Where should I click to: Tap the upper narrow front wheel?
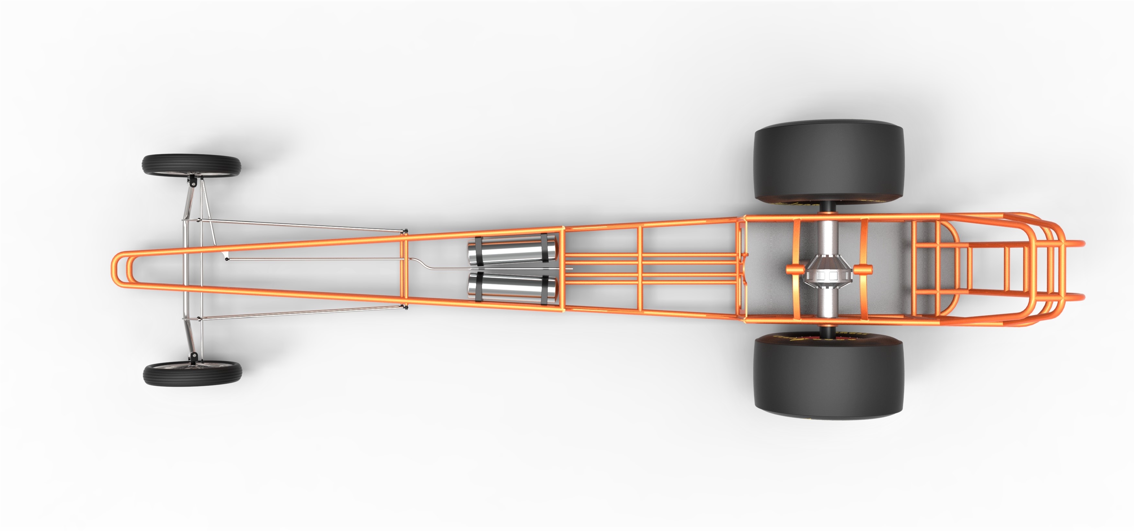point(191,165)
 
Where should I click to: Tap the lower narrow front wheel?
point(192,374)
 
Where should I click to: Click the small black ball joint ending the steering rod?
point(227,259)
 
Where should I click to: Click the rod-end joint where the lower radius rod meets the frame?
point(406,307)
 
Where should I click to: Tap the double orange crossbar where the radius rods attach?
point(404,269)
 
